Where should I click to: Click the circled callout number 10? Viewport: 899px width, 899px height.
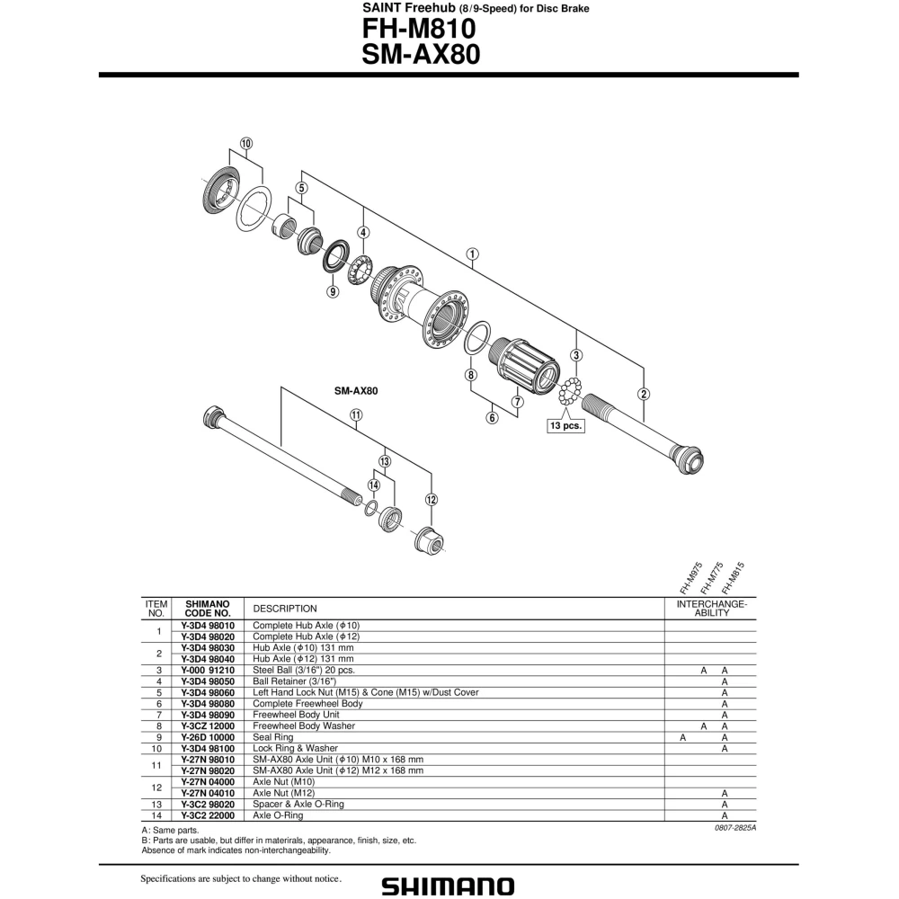click(x=246, y=143)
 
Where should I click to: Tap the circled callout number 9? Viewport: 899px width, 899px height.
click(x=333, y=291)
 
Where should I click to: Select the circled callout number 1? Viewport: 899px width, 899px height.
click(x=472, y=254)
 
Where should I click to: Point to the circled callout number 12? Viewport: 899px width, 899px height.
click(x=432, y=500)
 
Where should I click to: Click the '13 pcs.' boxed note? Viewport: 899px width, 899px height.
click(x=565, y=425)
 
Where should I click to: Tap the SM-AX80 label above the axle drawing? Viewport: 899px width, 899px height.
click(x=356, y=392)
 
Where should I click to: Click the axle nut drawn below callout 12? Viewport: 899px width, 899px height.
click(x=429, y=539)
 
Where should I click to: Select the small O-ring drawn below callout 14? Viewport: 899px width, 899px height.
click(x=371, y=508)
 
